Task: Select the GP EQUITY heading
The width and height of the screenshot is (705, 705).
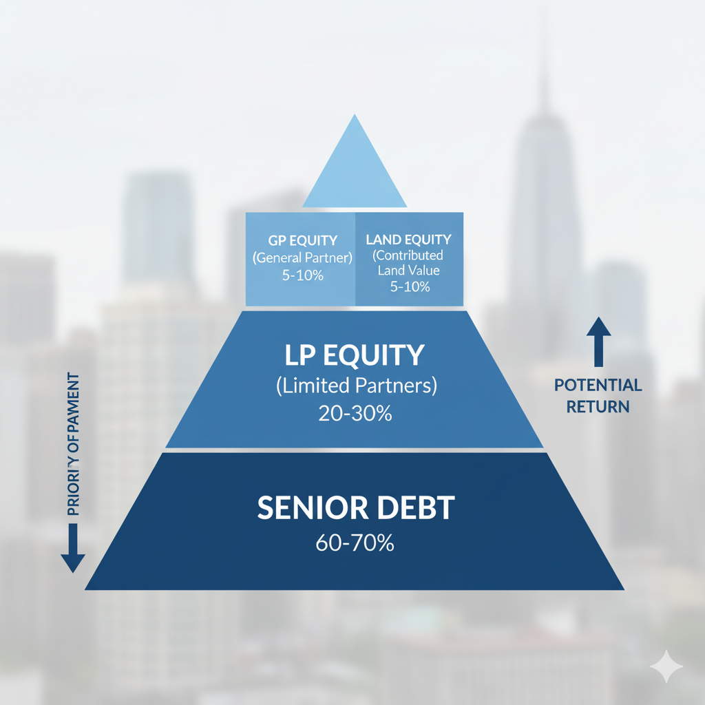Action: point(303,240)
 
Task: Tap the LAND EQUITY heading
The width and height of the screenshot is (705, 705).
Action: point(409,240)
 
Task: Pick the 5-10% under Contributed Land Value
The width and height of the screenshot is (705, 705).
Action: point(409,287)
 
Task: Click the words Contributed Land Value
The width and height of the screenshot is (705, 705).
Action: point(409,263)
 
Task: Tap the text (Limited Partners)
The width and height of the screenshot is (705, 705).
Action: point(356,386)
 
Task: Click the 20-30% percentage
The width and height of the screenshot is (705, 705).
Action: point(355,413)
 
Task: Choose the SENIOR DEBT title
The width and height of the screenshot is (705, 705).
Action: point(356,508)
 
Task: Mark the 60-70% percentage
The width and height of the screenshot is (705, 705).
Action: point(355,543)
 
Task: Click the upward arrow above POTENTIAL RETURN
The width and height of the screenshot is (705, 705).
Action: point(598,341)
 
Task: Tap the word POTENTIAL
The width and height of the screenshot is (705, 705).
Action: point(598,386)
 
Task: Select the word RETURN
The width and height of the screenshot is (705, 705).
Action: point(598,407)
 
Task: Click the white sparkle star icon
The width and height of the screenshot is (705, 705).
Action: point(666,666)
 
